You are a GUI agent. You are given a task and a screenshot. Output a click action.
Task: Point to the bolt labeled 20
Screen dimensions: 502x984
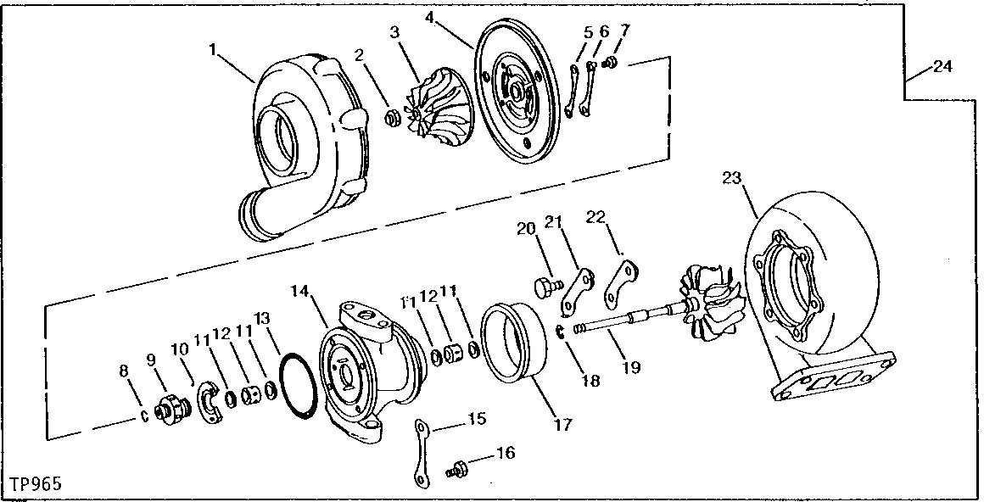(x=544, y=287)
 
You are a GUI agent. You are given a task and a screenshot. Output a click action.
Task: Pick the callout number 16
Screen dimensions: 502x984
(x=505, y=454)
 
